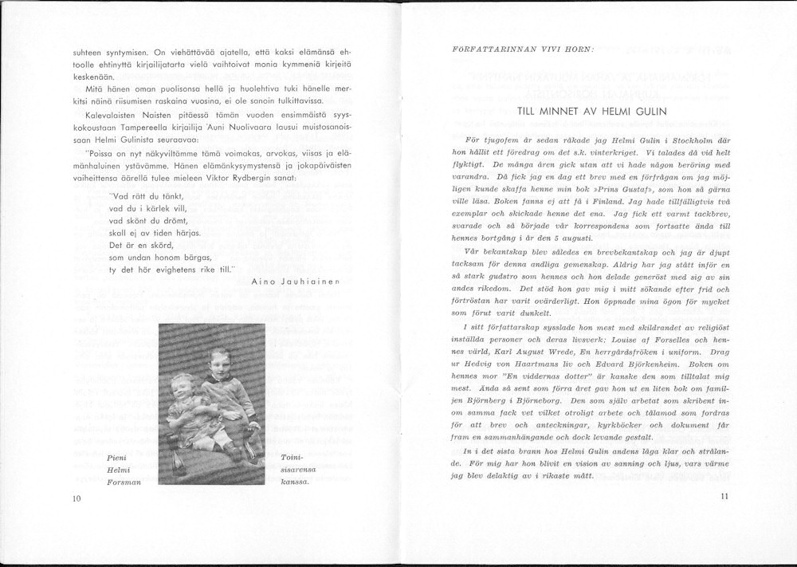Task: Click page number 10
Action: point(77,499)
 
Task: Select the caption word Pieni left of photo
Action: point(115,457)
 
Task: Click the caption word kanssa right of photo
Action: point(295,482)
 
